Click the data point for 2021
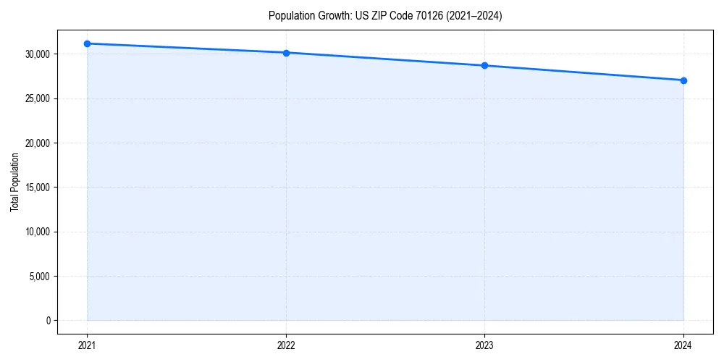pos(87,43)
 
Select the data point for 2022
pos(286,53)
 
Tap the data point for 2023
pos(484,66)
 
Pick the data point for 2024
pos(683,80)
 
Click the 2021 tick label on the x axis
pos(87,345)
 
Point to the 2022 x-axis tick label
pos(286,345)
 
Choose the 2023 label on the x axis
pos(484,345)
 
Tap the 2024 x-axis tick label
pos(683,345)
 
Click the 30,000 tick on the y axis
pos(37,54)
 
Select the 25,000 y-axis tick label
pos(37,98)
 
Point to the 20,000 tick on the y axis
pos(37,143)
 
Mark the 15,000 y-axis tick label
pos(37,188)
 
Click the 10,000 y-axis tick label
pos(37,232)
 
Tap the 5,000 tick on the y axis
pos(39,276)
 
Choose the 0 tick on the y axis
pos(47,321)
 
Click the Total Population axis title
pos(14,182)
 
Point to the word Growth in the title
pos(333,16)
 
